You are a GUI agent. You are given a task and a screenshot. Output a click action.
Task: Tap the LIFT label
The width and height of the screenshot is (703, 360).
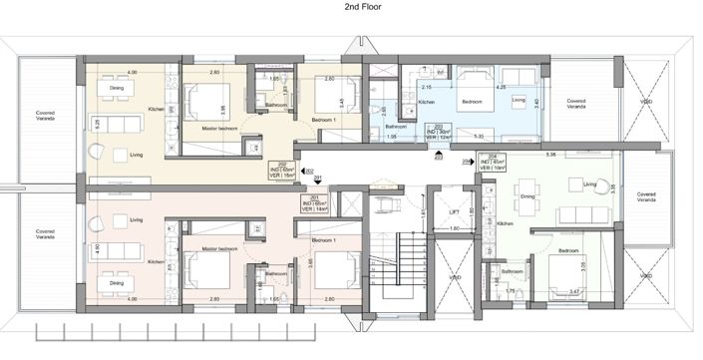click(x=454, y=212)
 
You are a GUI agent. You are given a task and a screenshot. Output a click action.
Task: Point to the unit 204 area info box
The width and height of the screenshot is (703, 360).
click(x=496, y=163)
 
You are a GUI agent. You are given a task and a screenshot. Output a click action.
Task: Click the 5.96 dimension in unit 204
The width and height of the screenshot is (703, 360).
click(x=549, y=155)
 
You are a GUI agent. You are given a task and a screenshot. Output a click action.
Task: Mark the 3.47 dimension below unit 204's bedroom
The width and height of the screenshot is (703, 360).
click(x=572, y=292)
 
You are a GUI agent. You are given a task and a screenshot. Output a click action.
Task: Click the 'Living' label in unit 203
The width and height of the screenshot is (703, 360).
click(x=519, y=101)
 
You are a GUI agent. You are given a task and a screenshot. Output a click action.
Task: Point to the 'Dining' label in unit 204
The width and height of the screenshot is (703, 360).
click(x=528, y=196)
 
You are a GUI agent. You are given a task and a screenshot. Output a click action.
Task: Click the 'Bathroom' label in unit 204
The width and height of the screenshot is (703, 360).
click(x=513, y=271)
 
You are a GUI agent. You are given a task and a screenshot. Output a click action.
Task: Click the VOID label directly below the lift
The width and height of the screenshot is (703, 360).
click(x=455, y=277)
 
